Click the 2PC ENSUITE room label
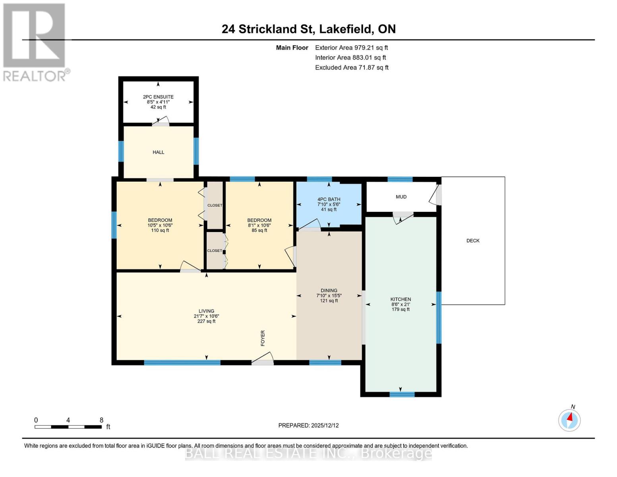(x=158, y=97)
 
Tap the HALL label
(x=158, y=152)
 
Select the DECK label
(x=473, y=240)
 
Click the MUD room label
(x=401, y=197)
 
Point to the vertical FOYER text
(x=263, y=338)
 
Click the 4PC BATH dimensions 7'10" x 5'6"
(x=329, y=204)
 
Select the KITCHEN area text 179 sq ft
(x=400, y=309)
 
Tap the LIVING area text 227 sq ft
(x=206, y=321)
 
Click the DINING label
(x=329, y=291)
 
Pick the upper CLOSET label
(x=215, y=205)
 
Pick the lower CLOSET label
(x=215, y=250)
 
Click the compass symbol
(x=569, y=420)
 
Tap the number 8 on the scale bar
(x=101, y=420)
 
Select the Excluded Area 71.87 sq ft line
(x=352, y=68)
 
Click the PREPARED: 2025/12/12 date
(x=308, y=425)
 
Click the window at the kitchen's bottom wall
(x=402, y=394)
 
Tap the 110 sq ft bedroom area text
(x=160, y=230)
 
